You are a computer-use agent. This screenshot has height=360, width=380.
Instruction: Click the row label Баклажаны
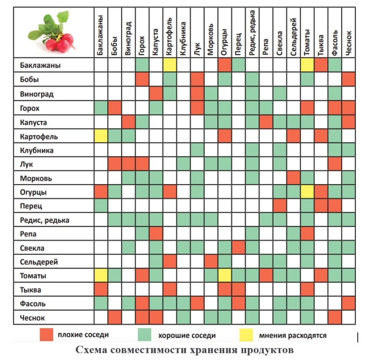point(40,65)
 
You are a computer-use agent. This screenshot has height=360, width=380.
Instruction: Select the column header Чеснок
point(348,43)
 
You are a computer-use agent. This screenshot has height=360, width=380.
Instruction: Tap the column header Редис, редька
point(252,33)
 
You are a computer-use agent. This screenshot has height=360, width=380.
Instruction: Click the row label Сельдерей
point(39,262)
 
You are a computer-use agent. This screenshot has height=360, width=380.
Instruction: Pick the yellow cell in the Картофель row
point(101,136)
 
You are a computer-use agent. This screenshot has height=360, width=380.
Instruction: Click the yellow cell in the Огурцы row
point(307,192)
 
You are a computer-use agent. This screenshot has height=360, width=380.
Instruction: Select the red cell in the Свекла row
point(239,248)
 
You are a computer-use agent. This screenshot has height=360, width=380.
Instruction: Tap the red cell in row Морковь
point(293,178)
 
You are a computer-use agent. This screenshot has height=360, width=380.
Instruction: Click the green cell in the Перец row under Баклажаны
point(101,206)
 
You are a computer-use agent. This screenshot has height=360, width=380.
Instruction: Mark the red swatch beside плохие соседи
point(46,335)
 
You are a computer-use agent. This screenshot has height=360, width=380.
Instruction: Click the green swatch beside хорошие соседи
point(144,335)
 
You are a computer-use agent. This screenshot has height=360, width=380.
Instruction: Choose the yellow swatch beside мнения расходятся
point(246,335)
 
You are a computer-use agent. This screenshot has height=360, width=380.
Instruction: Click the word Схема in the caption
point(91,350)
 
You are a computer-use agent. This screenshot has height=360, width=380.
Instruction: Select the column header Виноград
point(128,38)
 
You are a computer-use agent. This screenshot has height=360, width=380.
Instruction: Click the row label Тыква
point(30,290)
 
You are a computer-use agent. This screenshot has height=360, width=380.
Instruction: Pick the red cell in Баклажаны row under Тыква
point(321,65)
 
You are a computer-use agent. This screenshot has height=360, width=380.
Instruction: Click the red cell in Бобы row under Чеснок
point(348,79)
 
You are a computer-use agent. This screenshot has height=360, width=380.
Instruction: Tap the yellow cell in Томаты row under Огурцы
point(225,275)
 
